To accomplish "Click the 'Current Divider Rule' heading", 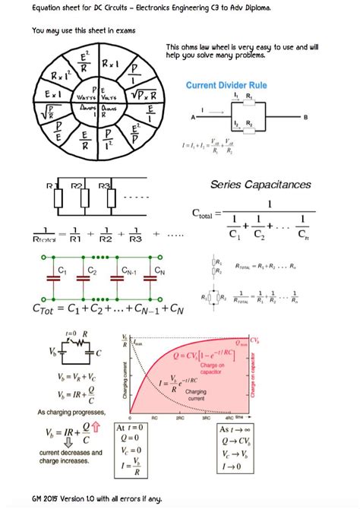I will tap(235, 85).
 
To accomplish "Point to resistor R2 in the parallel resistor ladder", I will tap(80, 200).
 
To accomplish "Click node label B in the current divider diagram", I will tap(305, 117).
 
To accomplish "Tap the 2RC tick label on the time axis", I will tap(181, 419).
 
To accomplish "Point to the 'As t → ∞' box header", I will tap(234, 428).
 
